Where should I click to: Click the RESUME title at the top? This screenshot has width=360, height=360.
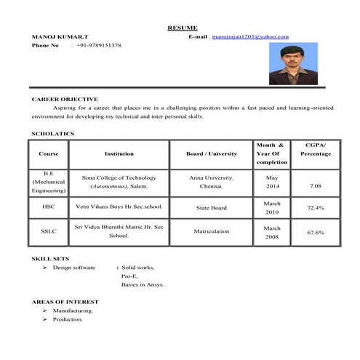182,28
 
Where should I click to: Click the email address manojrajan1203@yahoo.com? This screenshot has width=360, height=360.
250,36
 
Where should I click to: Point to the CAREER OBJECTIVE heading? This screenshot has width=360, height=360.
65,99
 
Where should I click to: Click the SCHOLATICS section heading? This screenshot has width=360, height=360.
52,134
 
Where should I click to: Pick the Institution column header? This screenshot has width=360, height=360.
119,153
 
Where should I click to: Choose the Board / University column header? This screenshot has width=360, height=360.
212,153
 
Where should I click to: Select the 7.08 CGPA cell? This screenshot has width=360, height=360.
315,186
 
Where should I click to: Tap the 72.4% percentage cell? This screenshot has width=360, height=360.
315,208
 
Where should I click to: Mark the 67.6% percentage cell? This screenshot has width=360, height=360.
315,233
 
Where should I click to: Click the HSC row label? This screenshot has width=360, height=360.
49,207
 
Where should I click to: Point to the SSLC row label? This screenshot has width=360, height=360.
49,231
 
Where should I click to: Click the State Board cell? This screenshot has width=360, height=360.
212,208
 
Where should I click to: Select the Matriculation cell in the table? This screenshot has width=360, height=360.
212,231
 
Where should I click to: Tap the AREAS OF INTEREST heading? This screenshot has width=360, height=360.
64,301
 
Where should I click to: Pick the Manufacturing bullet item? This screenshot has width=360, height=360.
73,311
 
